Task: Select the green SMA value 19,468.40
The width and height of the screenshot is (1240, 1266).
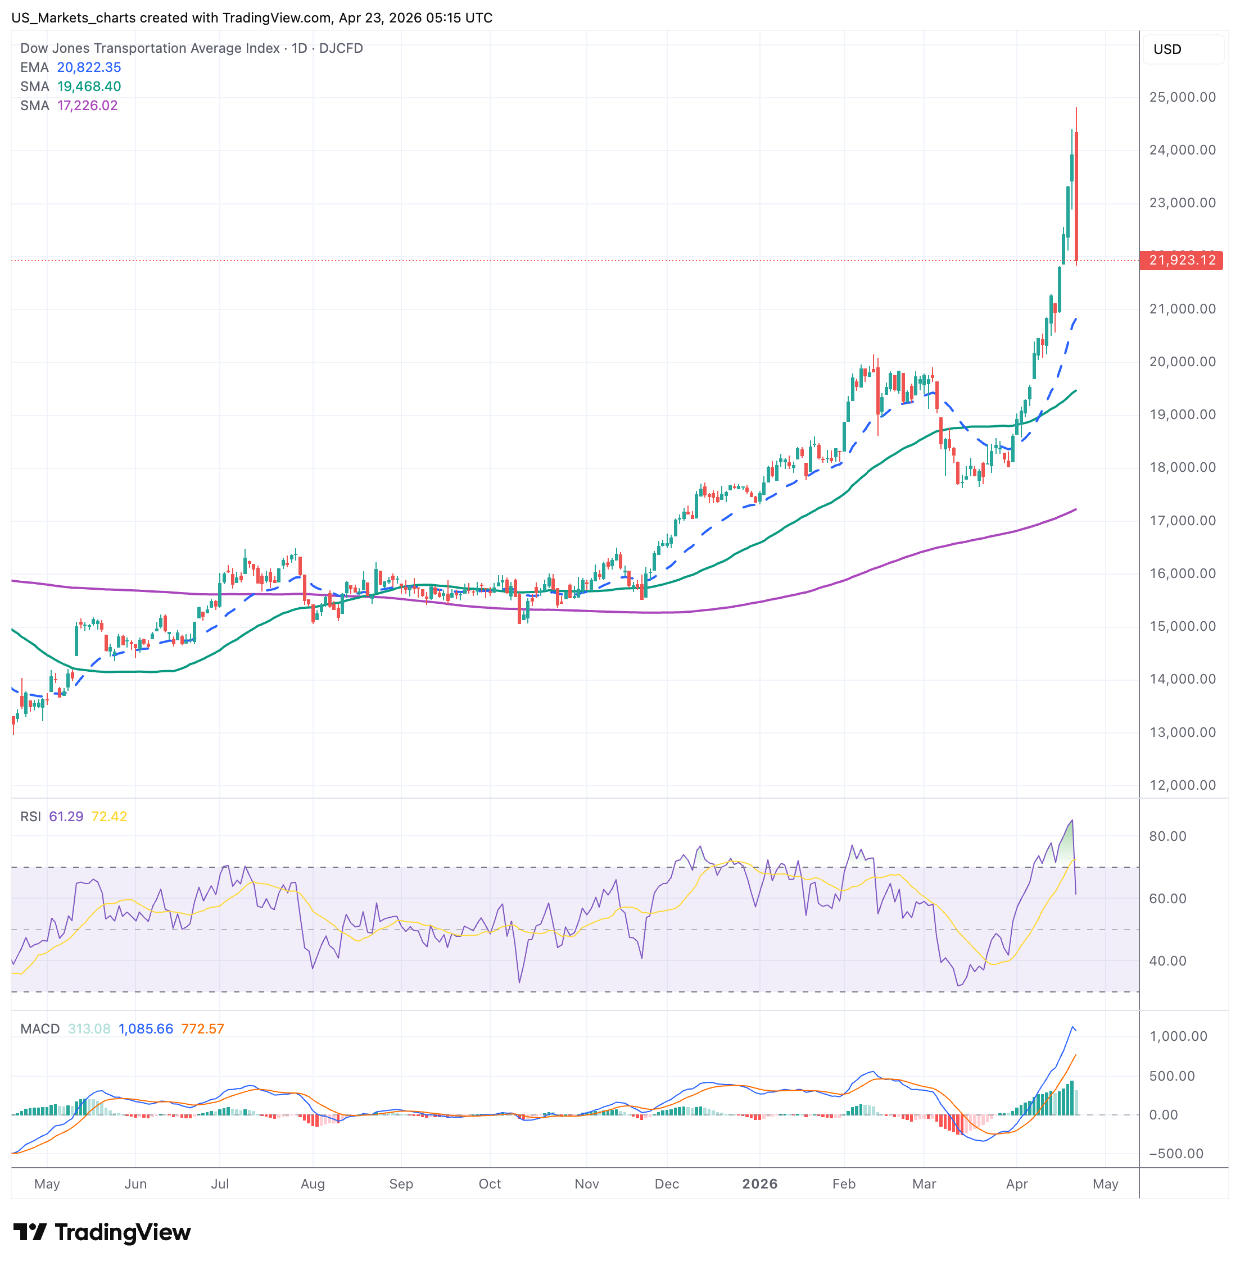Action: pyautogui.click(x=89, y=86)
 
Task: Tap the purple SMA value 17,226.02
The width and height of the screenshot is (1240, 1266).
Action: pyautogui.click(x=87, y=106)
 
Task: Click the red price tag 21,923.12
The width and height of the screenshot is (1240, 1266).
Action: pyautogui.click(x=1182, y=261)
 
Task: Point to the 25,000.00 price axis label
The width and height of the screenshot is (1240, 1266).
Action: pyautogui.click(x=1182, y=98)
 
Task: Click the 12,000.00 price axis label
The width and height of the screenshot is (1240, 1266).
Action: pyautogui.click(x=1182, y=786)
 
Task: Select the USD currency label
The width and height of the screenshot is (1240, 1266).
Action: pyautogui.click(x=1167, y=49)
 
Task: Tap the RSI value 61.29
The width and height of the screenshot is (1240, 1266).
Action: pyautogui.click(x=66, y=817)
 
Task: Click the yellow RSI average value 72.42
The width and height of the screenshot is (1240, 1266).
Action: pyautogui.click(x=110, y=817)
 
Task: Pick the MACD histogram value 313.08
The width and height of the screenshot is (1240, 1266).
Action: pyautogui.click(x=89, y=1029)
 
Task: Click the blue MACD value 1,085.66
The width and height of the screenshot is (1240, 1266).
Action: pyautogui.click(x=146, y=1029)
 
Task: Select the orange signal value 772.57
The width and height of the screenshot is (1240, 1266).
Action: pyautogui.click(x=202, y=1029)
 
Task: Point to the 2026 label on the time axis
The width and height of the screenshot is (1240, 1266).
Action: pyautogui.click(x=759, y=1184)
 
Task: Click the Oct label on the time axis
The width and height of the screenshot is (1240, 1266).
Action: pyautogui.click(x=490, y=1184)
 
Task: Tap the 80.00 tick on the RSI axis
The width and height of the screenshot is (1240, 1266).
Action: pyautogui.click(x=1167, y=836)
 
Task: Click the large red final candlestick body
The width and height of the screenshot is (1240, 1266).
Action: pyautogui.click(x=1076, y=195)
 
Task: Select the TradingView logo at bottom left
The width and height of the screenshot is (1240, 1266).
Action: pyautogui.click(x=102, y=1232)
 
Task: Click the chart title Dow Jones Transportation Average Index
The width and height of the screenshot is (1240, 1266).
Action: pyautogui.click(x=150, y=49)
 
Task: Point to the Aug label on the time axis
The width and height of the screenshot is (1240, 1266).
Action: pyautogui.click(x=313, y=1184)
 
